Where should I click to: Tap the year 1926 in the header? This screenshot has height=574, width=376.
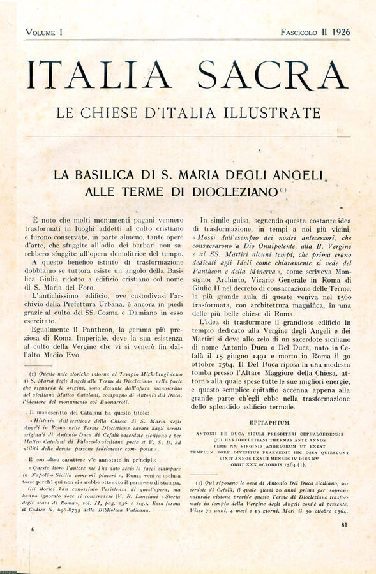(338, 32)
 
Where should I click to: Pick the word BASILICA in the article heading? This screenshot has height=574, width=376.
(114, 175)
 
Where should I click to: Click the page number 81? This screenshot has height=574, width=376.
(344, 525)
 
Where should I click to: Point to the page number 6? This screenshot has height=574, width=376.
(33, 529)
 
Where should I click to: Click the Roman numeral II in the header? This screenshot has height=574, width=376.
(324, 32)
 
